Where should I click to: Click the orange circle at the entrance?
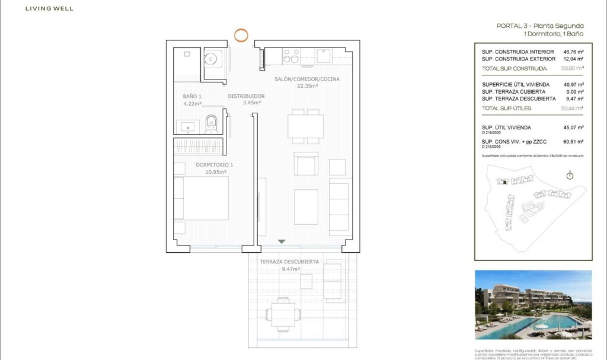click(x=241, y=34)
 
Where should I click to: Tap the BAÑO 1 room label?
click(x=192, y=100)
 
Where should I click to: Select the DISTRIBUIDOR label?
click(x=246, y=99)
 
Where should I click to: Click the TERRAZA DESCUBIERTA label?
click(x=289, y=265)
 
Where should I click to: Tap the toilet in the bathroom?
click(x=212, y=123)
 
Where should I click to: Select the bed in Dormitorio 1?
click(x=202, y=198)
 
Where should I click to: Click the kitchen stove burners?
click(x=291, y=56)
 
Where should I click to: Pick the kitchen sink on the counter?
click(x=323, y=56)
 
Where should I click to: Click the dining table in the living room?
click(x=305, y=126)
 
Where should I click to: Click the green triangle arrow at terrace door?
click(x=282, y=241)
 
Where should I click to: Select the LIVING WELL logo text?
click(x=50, y=9)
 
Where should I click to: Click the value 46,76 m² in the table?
click(x=573, y=52)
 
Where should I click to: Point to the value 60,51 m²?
click(x=573, y=142)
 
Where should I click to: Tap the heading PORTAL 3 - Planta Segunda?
click(x=540, y=26)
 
